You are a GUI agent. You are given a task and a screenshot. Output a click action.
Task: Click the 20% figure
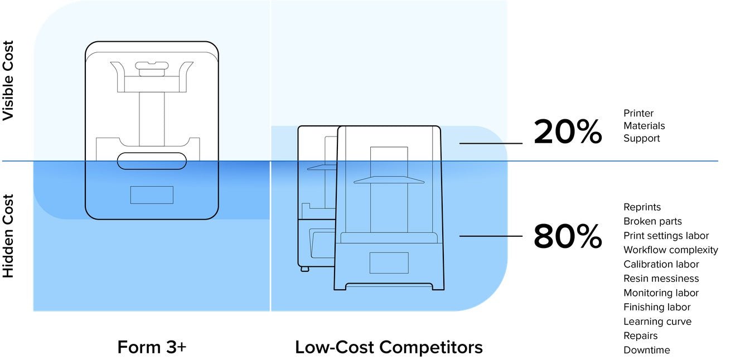pyautogui.click(x=568, y=132)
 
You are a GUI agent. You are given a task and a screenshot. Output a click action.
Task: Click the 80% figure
pyautogui.click(x=568, y=236)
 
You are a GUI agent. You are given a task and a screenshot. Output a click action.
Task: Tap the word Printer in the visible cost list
pyautogui.click(x=638, y=113)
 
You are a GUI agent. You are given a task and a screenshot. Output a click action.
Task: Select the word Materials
pyautogui.click(x=644, y=125)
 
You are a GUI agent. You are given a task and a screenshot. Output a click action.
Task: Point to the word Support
pyautogui.click(x=641, y=138)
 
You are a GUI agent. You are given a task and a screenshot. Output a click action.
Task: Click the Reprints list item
pyautogui.click(x=642, y=207)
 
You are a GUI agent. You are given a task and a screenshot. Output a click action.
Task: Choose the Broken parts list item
pyautogui.click(x=652, y=221)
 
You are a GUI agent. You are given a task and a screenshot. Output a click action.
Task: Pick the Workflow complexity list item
pyautogui.click(x=671, y=250)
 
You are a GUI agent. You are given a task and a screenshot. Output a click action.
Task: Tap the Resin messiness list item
pyautogui.click(x=661, y=279)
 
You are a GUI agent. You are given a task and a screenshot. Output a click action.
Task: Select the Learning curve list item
pyautogui.click(x=657, y=322)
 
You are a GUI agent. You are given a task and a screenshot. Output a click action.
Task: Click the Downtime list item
pyautogui.click(x=646, y=350)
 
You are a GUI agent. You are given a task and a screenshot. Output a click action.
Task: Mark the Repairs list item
pyautogui.click(x=640, y=335)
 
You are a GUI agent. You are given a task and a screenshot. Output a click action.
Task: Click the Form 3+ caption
pyautogui.click(x=152, y=347)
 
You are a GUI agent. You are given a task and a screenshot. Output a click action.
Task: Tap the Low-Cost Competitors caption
pyautogui.click(x=389, y=347)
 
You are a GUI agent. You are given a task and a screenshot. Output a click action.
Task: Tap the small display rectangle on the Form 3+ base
pyautogui.click(x=152, y=195)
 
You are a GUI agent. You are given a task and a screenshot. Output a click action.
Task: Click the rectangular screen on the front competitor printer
pyautogui.click(x=389, y=263)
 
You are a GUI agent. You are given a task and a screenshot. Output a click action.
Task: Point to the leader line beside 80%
pyautogui.click(x=491, y=236)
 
